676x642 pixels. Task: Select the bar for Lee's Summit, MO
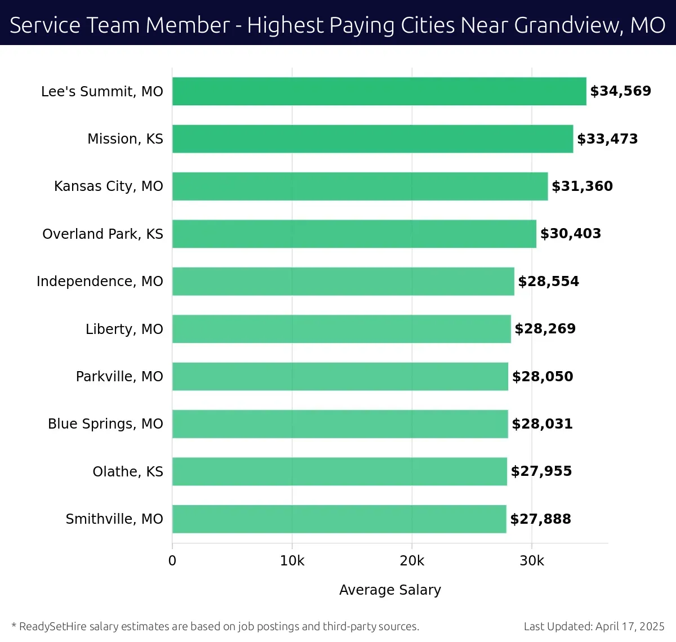379,91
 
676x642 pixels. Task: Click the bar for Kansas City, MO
360,186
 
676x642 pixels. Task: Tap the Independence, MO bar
343,281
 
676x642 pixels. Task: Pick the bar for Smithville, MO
339,519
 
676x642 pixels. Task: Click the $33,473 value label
607,139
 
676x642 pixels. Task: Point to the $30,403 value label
571,234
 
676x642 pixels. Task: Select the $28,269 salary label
545,329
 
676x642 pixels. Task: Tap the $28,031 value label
542,423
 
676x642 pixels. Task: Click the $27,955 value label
541,471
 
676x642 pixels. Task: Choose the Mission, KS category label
125,139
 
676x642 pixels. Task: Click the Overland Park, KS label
103,234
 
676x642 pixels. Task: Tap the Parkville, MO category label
119,376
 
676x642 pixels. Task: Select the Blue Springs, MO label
105,423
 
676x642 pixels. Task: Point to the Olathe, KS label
128,471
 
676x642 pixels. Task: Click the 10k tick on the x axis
292,561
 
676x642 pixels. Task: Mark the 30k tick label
532,561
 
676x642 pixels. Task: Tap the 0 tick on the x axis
172,561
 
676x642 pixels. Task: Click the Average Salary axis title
390,590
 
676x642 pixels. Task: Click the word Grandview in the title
567,25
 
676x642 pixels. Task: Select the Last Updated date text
594,626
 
